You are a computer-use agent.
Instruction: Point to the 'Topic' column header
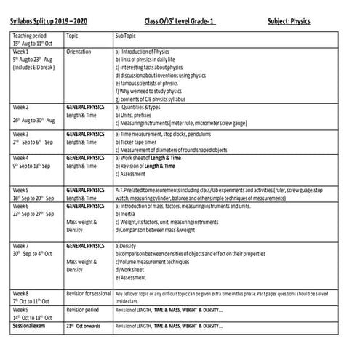pos(73,35)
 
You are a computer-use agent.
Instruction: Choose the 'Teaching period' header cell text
pos(30,35)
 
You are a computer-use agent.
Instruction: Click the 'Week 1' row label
pos(20,52)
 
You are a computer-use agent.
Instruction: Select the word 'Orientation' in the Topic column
pos(79,52)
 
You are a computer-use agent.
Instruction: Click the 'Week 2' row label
pos(20,107)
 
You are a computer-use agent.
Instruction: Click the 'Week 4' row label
pos(20,158)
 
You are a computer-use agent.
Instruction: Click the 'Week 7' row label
pos(20,246)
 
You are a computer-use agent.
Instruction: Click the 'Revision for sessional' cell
pos(88,292)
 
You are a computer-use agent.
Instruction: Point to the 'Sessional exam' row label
pos(30,325)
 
